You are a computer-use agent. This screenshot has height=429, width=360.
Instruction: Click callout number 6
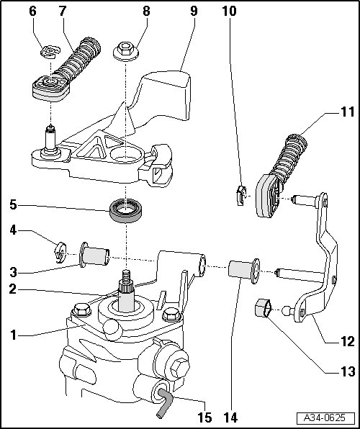pyautogui.click(x=32, y=12)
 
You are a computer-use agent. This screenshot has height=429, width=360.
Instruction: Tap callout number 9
pyautogui.click(x=194, y=12)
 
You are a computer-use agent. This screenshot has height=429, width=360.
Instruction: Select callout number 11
pyautogui.click(x=348, y=112)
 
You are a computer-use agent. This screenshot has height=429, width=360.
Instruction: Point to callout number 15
pyautogui.click(x=204, y=417)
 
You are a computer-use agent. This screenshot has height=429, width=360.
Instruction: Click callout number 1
pyautogui.click(x=14, y=335)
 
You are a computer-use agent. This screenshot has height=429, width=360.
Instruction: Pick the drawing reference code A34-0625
pyautogui.click(x=325, y=417)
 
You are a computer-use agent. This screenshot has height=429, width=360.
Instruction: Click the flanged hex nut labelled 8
pyautogui.click(x=126, y=51)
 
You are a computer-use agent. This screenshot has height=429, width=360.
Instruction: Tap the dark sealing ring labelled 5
pyautogui.click(x=126, y=210)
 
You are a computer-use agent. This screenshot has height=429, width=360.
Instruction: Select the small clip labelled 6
pyautogui.click(x=50, y=52)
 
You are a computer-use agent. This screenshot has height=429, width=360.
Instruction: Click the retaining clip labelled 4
pyautogui.click(x=60, y=253)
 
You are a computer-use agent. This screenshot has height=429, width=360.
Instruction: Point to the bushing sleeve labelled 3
pyautogui.click(x=94, y=254)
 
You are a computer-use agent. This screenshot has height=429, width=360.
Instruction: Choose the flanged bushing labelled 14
pyautogui.click(x=244, y=271)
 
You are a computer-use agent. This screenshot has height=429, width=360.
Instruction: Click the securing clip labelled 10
pyautogui.click(x=241, y=195)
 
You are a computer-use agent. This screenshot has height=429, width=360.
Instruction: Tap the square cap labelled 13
pyautogui.click(x=263, y=308)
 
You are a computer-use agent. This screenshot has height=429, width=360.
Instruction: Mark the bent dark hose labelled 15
pyautogui.click(x=164, y=403)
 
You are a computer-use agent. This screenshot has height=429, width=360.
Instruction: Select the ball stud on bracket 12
pyautogui.click(x=288, y=310)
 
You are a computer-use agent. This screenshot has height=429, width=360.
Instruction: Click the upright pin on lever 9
pyautogui.click(x=50, y=140)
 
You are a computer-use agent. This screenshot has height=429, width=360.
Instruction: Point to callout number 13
pyautogui.click(x=348, y=371)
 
